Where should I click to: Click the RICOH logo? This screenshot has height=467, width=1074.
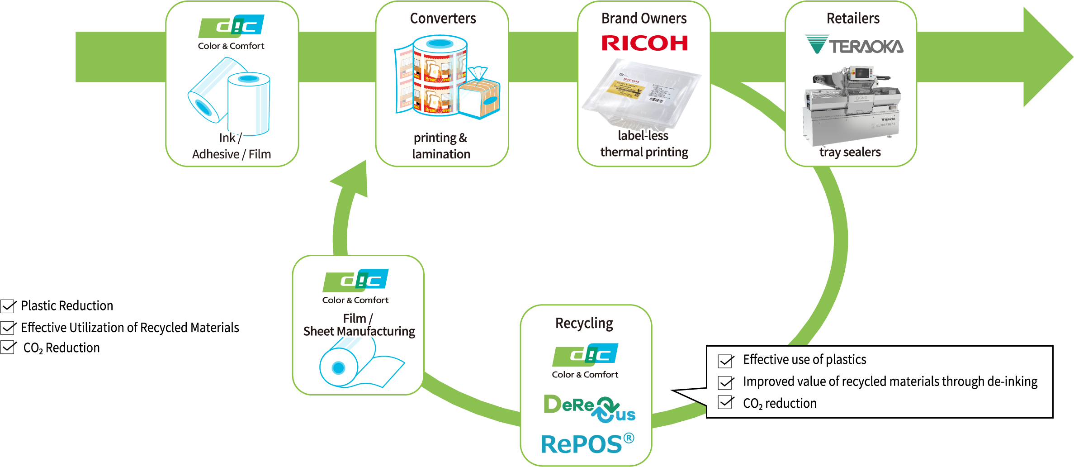[x=644, y=43]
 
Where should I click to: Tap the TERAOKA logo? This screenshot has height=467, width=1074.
[x=854, y=45]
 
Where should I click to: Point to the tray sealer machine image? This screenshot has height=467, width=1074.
[x=851, y=106]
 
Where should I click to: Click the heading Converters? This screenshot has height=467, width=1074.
[x=443, y=19]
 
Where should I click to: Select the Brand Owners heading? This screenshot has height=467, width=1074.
[x=644, y=19]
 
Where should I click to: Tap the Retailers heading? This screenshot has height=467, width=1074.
[x=853, y=19]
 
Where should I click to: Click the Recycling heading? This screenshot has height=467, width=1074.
[x=584, y=323]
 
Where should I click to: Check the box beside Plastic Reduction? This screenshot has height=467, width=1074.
[x=8, y=306]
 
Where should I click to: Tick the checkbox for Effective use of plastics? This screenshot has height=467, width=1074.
[x=725, y=361]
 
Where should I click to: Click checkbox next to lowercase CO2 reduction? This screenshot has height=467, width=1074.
[x=725, y=402]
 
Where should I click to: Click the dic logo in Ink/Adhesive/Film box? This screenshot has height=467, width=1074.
[x=232, y=26]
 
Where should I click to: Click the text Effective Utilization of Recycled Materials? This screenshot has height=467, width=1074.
[x=130, y=328]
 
